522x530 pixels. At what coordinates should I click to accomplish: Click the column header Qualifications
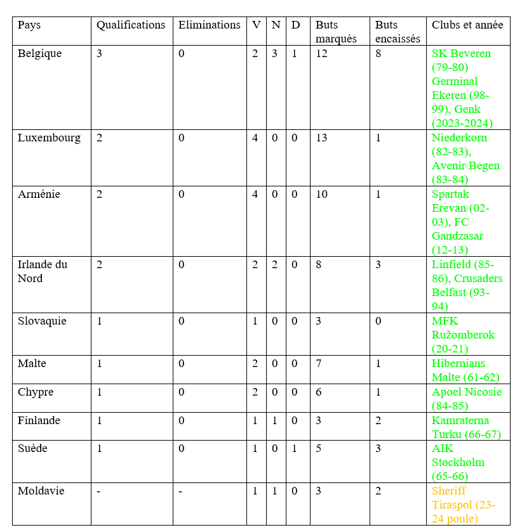click(131, 25)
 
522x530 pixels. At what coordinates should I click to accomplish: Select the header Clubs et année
click(467, 25)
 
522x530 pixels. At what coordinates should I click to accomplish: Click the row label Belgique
click(40, 54)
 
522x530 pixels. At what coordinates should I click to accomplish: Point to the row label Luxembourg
click(49, 138)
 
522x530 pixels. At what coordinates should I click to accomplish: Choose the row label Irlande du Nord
click(43, 271)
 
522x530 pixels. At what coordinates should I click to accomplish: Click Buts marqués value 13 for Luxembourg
click(322, 138)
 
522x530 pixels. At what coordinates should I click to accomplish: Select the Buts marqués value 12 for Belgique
click(321, 54)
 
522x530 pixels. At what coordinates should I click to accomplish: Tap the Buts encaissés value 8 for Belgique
click(378, 54)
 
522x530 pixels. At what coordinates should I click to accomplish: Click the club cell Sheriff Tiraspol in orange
click(464, 505)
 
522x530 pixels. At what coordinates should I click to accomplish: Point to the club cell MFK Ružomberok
click(463, 335)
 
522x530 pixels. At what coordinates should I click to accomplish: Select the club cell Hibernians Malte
click(458, 370)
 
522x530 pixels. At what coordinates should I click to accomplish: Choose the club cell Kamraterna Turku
click(466, 427)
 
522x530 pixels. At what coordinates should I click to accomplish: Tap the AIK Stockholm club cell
click(458, 462)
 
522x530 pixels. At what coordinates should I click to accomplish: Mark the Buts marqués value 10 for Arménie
click(322, 195)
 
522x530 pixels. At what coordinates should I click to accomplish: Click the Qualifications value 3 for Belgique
click(99, 54)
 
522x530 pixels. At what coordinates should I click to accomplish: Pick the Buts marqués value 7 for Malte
click(319, 364)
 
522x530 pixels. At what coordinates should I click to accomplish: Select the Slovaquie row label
click(41, 321)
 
